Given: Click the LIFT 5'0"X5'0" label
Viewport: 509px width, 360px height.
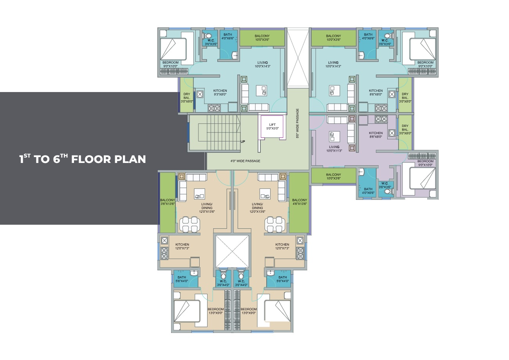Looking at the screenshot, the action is (x=272, y=127).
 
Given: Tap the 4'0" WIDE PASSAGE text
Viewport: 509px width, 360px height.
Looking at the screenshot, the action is (x=245, y=161).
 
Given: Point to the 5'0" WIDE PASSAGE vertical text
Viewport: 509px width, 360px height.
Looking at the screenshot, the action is (x=298, y=123).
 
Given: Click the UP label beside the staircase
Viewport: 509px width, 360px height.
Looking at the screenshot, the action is (x=243, y=141).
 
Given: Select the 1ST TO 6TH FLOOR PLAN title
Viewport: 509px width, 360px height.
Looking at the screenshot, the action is (x=83, y=159).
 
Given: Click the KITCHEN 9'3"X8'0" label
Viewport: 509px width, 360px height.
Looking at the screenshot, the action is (x=220, y=92).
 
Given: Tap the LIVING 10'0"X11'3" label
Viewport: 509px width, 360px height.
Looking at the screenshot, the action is (x=334, y=148).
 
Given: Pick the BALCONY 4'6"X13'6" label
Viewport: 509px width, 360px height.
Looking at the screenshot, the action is (x=300, y=202).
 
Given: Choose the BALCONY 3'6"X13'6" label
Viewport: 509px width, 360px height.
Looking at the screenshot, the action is (x=168, y=202).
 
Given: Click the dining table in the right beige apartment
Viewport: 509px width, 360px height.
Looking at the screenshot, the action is (x=275, y=224).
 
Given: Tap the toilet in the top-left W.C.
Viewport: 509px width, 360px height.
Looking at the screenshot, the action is (x=207, y=36).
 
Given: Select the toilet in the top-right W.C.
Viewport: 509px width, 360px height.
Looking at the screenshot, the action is (x=389, y=36).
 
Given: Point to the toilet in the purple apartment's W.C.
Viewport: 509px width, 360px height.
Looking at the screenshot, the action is (x=389, y=192).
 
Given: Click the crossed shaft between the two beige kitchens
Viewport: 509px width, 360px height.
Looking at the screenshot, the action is (x=232, y=251).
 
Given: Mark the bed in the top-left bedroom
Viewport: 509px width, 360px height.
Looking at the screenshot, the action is (x=173, y=49).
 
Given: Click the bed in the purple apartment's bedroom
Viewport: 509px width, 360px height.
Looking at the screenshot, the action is (x=422, y=178).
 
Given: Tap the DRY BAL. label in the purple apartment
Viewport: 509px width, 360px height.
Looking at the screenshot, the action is (x=405, y=130).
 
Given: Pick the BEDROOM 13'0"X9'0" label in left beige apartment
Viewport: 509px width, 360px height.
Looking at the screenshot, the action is (x=215, y=311).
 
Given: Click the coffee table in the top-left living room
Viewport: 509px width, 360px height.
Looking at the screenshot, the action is (x=262, y=90).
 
